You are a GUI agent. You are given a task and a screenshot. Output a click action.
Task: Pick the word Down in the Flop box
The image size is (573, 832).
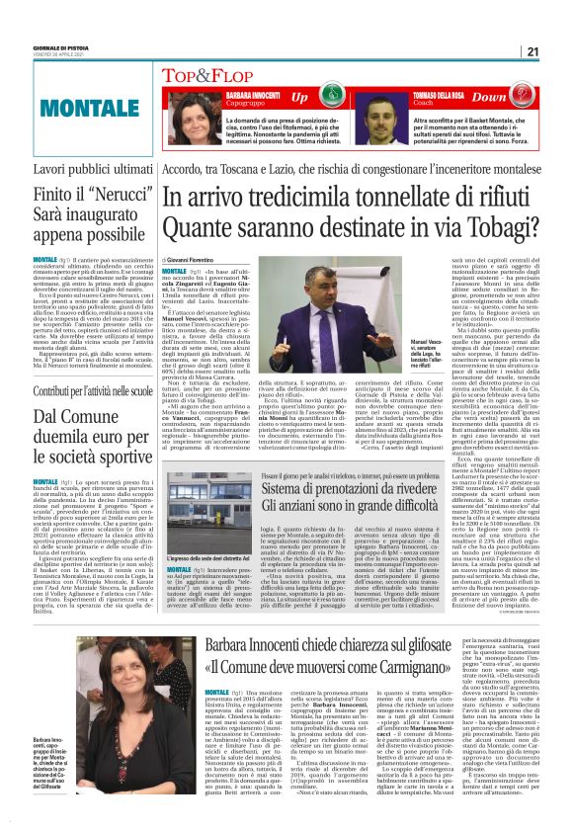(x=517, y=97)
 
